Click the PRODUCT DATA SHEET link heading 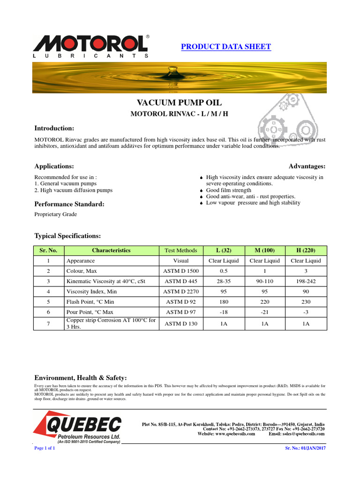225,46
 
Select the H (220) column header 306,250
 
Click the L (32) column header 223,250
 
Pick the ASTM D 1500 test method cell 181,271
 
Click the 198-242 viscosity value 306,281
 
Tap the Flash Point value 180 223,302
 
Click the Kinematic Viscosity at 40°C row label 106,281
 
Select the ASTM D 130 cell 181,323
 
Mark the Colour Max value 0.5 223,271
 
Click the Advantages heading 307,166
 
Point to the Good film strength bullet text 228,190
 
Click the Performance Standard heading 69,204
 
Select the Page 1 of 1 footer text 45,448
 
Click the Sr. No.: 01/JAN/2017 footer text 305,448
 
